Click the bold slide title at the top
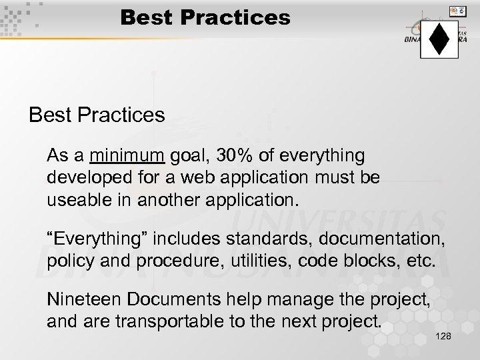pos(205,17)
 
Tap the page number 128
pos(443,337)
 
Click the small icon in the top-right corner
pos(458,11)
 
